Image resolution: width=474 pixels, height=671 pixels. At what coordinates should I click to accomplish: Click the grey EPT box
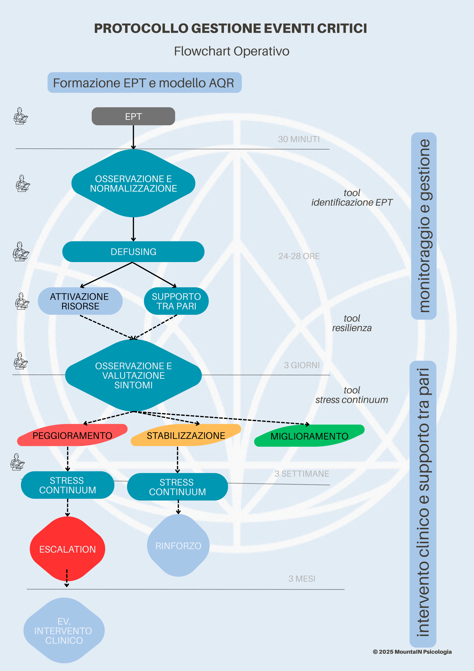(x=133, y=116)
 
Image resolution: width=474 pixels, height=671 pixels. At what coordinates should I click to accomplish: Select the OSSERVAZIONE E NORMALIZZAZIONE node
(x=133, y=184)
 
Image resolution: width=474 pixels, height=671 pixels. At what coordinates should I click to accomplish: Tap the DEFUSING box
(x=133, y=252)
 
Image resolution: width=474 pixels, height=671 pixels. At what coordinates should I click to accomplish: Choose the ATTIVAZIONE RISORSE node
(x=80, y=301)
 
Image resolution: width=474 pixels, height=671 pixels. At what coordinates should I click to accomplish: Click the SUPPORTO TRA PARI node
(x=176, y=301)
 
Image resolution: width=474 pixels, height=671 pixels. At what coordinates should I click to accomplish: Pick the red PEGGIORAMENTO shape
(x=72, y=436)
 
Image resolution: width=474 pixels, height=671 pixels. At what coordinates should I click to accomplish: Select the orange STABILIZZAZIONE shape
(x=186, y=436)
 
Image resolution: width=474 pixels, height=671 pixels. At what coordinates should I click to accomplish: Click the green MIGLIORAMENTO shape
(x=309, y=436)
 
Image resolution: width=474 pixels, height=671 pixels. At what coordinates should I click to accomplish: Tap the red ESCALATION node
(x=67, y=549)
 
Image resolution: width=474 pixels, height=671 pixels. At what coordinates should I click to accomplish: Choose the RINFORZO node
(x=178, y=546)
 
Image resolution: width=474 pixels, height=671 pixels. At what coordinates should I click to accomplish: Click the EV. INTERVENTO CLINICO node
(x=64, y=631)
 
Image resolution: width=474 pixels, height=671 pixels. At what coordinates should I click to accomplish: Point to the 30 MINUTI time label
(x=299, y=139)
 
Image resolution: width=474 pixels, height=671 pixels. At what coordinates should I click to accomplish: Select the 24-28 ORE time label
(x=299, y=256)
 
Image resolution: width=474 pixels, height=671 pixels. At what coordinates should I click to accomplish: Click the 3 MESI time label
(x=302, y=579)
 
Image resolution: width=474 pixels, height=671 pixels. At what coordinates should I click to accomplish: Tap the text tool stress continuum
(x=352, y=395)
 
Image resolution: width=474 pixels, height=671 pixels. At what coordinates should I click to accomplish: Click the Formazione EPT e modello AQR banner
(x=144, y=83)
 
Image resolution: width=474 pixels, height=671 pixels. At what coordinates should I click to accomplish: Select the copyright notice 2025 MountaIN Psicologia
(x=412, y=652)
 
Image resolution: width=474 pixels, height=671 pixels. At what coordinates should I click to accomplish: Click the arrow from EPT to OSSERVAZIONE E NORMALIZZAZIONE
(x=133, y=137)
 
